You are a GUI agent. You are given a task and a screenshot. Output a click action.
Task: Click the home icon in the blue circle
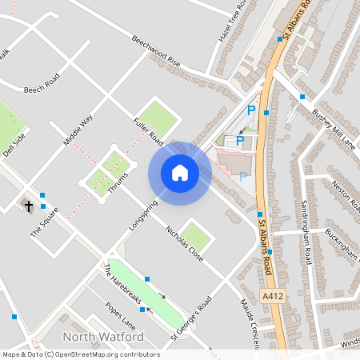(x=179, y=172)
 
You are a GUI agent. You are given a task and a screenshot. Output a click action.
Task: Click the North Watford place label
(x=103, y=336)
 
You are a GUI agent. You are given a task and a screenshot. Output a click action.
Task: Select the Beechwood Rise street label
(x=158, y=51)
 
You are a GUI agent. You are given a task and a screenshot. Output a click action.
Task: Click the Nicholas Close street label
(x=184, y=242)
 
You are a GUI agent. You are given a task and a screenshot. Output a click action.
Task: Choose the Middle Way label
(x=78, y=130)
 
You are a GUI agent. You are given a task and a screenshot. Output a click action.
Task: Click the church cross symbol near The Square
(x=30, y=206)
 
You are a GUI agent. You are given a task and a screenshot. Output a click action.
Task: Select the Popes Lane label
(x=121, y=314)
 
